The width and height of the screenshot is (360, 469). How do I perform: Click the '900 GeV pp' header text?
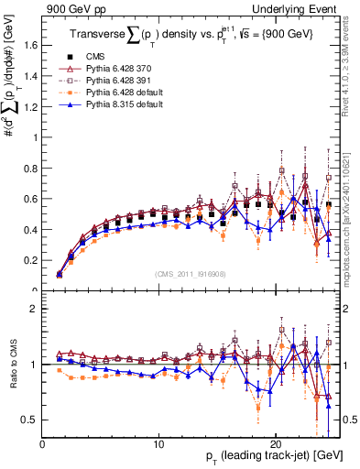[x=69, y=9]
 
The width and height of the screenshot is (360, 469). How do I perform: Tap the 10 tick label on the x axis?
[x=159, y=442]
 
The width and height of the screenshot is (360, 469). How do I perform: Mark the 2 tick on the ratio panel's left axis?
[x=36, y=309]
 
